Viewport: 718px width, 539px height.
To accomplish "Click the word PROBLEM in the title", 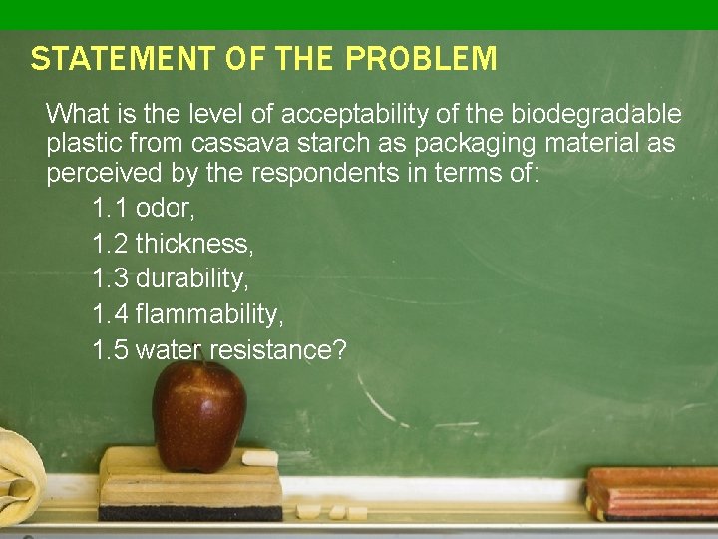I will [421, 60].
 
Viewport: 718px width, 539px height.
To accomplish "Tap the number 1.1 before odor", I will [109, 209].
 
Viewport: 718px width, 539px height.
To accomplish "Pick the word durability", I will [191, 278].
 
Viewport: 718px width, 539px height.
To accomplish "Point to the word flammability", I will [208, 314].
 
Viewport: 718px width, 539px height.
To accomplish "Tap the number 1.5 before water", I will [109, 350].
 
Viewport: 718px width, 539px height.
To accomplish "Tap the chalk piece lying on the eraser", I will [259, 458].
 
